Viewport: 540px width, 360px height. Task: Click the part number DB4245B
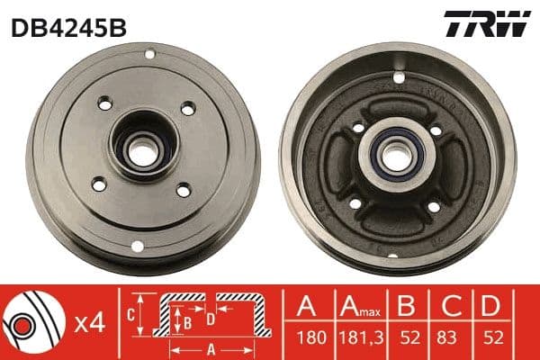tap(67, 28)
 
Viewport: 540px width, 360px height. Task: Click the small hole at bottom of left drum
tap(137, 246)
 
